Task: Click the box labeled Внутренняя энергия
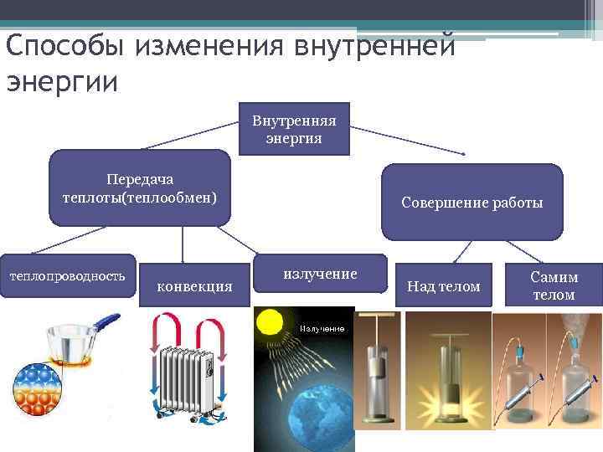(294, 130)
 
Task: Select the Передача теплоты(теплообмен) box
(139, 188)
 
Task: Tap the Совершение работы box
(472, 203)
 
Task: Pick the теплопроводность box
(67, 275)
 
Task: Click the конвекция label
(194, 286)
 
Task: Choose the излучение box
(320, 274)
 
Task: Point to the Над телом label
(443, 287)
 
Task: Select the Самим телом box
(554, 285)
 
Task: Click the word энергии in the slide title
(63, 82)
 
